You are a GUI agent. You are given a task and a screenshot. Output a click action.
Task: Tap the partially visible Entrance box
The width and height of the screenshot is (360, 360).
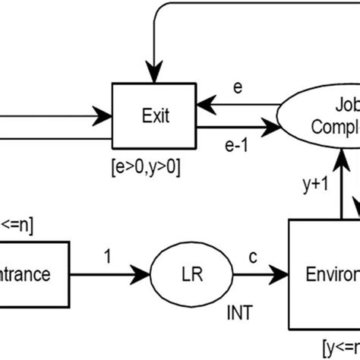pyautogui.click(x=34, y=271)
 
